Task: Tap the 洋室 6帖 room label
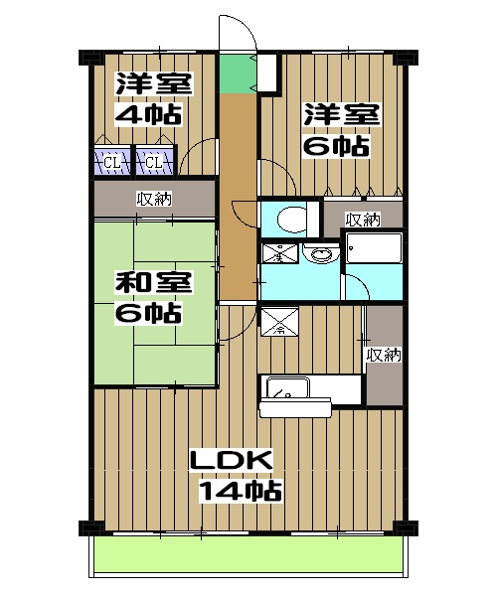click(341, 130)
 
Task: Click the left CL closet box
click(112, 161)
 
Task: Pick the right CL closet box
click(151, 161)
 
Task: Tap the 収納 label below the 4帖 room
click(153, 199)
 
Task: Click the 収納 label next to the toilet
click(363, 218)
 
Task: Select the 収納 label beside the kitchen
click(383, 355)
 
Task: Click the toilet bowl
click(291, 217)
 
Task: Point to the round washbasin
click(320, 253)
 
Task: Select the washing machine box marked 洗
click(279, 254)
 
